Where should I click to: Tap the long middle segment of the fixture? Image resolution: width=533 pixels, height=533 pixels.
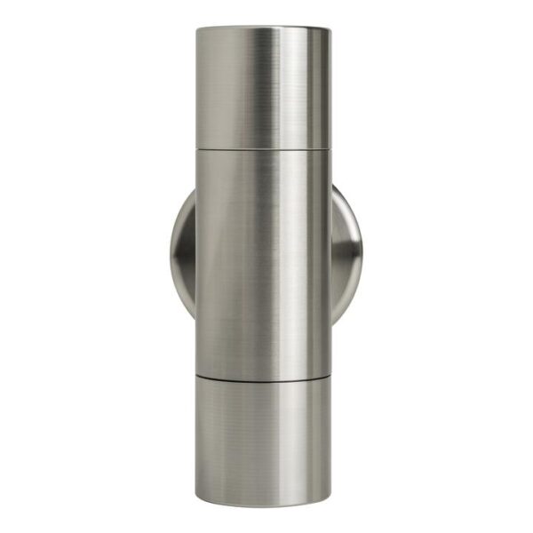[x=263, y=262]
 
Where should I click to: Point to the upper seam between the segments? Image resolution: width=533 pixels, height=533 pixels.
[x=263, y=149]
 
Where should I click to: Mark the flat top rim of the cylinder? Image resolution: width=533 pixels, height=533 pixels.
[x=263, y=28]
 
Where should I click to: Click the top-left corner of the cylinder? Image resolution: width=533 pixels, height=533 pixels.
[x=197, y=29]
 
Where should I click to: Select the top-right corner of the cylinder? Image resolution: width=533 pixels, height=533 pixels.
[x=330, y=29]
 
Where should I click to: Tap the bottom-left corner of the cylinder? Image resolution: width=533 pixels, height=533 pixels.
[x=198, y=499]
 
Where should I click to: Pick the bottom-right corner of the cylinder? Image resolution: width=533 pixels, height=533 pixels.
[x=330, y=499]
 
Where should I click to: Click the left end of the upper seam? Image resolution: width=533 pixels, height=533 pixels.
[x=197, y=147]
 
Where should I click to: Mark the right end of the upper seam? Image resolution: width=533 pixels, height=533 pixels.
[x=330, y=147]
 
